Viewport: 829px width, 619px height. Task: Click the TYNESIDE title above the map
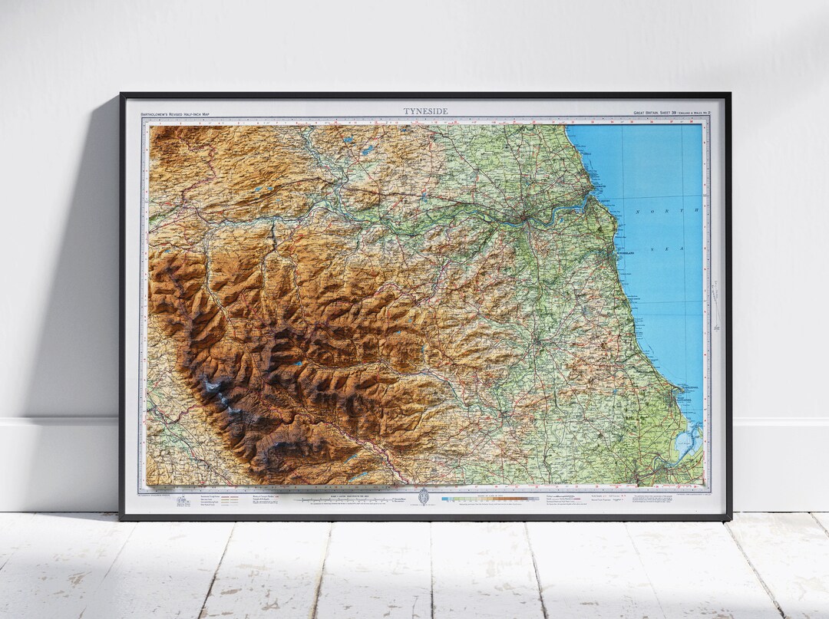425,111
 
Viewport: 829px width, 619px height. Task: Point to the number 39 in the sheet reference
674,113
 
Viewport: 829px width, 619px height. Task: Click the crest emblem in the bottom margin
421,498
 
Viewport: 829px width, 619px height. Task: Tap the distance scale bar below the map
345,500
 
